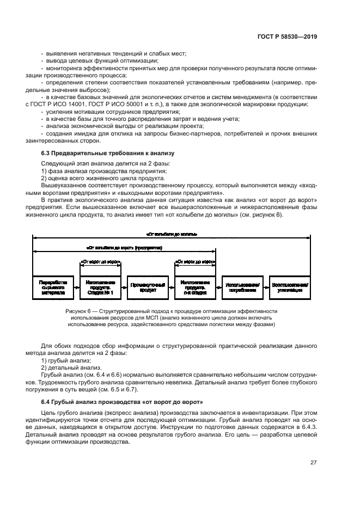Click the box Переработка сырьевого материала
[53, 287]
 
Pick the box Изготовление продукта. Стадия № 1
[100, 287]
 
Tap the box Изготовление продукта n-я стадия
[195, 287]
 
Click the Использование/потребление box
[242, 287]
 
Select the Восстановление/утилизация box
[290, 287]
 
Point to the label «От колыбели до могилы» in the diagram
[172, 234]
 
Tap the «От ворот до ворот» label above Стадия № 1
[100, 261]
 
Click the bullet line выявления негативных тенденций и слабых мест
[115, 53]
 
